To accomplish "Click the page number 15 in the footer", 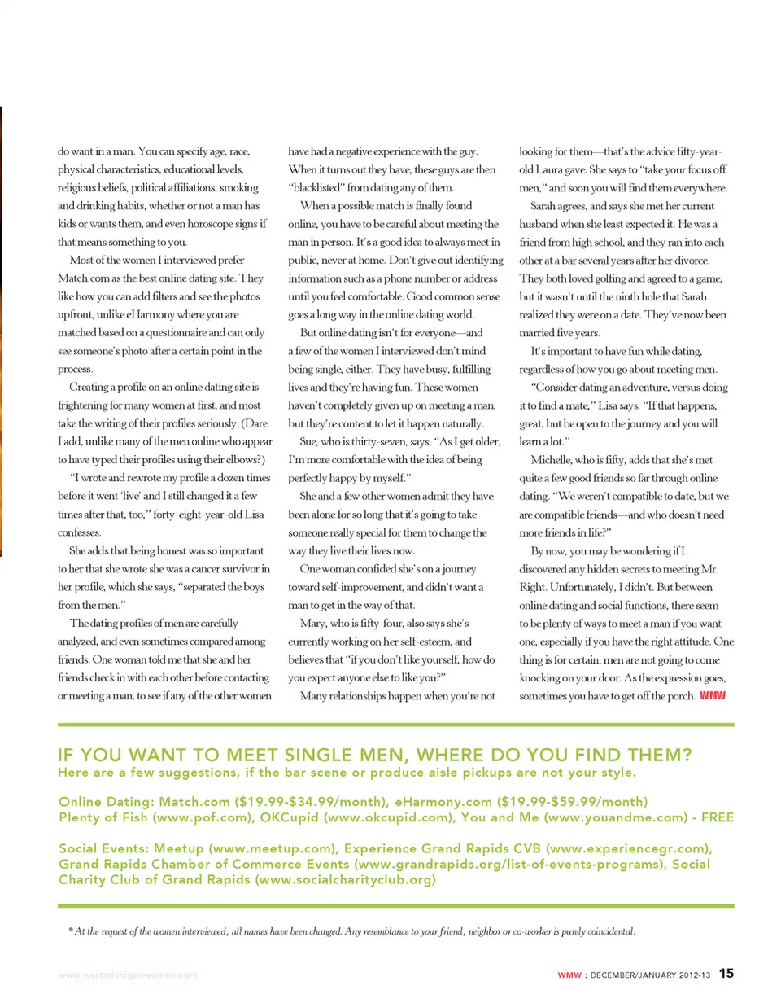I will coord(726,973).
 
